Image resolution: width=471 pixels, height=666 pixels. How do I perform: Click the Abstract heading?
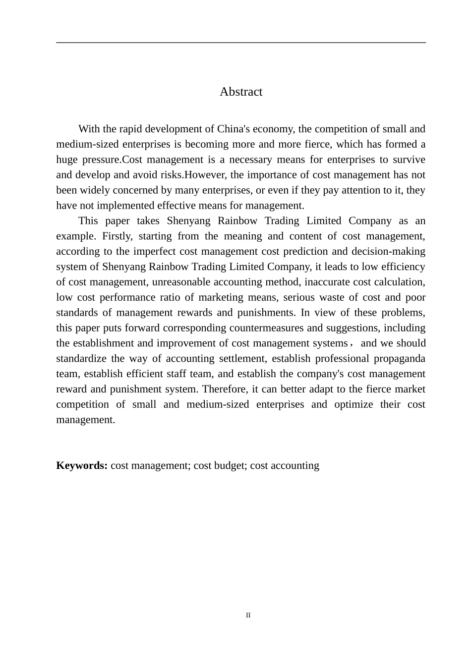tap(241, 92)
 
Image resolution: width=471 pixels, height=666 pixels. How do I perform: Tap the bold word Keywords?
tap(82, 465)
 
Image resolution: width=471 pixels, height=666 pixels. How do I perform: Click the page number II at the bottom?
tap(248, 615)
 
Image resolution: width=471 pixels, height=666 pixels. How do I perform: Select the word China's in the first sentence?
tap(234, 129)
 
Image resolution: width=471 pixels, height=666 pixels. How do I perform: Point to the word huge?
tap(66, 160)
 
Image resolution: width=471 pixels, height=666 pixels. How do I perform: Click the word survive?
tap(409, 160)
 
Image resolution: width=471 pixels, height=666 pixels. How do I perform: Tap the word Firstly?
tap(116, 236)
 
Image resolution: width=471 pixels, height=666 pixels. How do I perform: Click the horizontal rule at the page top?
tap(241, 43)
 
